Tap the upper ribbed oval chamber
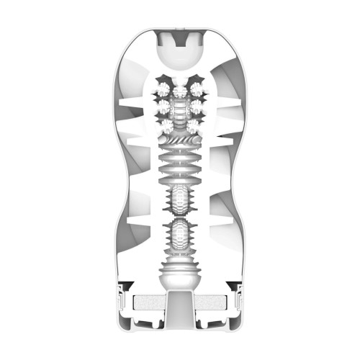[180, 197]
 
